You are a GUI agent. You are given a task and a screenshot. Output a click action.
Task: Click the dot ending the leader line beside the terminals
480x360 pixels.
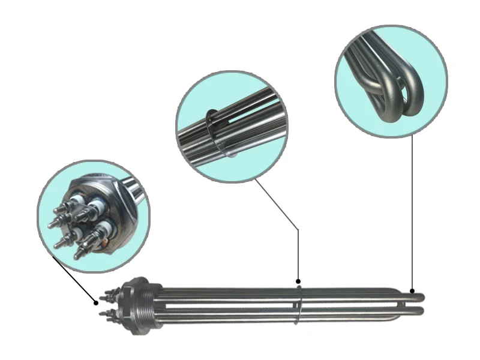pyautogui.click(x=96, y=303)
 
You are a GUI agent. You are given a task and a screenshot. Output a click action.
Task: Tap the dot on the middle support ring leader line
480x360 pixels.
pyautogui.click(x=298, y=281)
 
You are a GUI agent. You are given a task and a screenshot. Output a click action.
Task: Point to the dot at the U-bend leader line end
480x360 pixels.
pyautogui.click(x=413, y=290)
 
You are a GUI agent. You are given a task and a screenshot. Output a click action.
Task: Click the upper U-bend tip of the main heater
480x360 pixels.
pyautogui.click(x=419, y=296)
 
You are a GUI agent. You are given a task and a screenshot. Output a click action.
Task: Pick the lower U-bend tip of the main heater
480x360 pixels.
pyautogui.click(x=419, y=311)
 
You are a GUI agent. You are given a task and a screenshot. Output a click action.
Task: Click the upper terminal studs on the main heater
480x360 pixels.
pyautogui.click(x=110, y=295)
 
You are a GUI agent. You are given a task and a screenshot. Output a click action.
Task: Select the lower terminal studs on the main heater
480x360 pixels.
pyautogui.click(x=110, y=314)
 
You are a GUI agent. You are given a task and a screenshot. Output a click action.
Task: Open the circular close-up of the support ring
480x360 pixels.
pyautogui.click(x=231, y=126)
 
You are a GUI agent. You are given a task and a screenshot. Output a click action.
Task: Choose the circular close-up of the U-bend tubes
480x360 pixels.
pyautogui.click(x=391, y=81)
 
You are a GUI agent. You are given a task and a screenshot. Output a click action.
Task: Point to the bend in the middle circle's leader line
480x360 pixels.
pyautogui.click(x=298, y=229)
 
